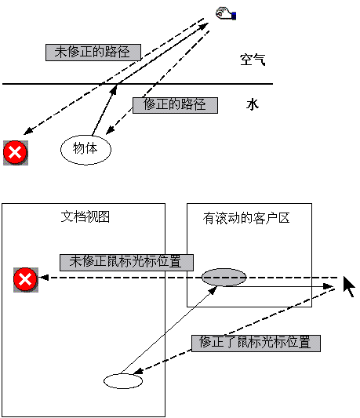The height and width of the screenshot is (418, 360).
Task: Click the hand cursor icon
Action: (226, 13)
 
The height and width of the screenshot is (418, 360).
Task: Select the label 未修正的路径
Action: (93, 53)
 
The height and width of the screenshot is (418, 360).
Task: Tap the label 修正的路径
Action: (175, 105)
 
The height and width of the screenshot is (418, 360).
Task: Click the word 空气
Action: (253, 60)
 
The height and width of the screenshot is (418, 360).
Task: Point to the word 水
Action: (253, 104)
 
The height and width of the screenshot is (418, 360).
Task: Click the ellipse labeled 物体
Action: (85, 150)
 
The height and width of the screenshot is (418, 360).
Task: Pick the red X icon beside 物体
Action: (16, 153)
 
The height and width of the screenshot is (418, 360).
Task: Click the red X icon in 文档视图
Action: (26, 280)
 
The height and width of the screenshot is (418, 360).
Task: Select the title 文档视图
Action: (85, 216)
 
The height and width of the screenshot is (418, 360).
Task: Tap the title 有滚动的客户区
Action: (246, 218)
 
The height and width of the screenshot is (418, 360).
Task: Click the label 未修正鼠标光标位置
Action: (126, 263)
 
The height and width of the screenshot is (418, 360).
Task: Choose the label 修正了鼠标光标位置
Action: (256, 343)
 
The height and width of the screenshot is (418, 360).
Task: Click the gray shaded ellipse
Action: (224, 278)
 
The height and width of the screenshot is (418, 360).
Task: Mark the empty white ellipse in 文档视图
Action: (123, 381)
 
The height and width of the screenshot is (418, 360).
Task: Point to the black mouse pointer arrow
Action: (349, 286)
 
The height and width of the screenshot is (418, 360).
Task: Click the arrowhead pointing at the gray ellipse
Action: (213, 291)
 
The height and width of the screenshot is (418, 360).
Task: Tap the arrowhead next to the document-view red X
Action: (43, 278)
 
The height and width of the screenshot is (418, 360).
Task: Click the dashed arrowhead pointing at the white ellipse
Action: (138, 371)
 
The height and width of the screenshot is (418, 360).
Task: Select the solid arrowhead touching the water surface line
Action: (114, 89)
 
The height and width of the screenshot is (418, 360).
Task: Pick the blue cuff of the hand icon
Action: (235, 16)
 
